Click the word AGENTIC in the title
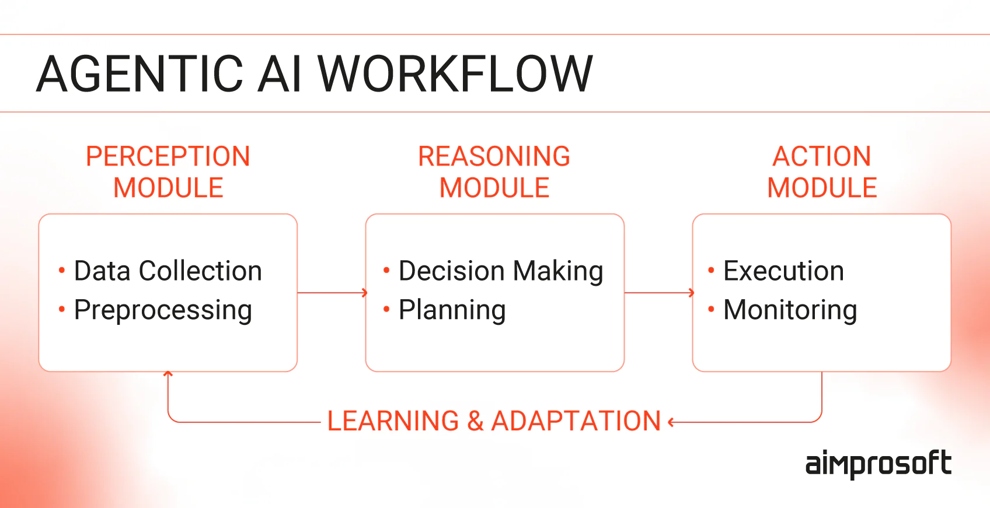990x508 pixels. [140, 73]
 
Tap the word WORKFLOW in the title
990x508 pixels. [455, 73]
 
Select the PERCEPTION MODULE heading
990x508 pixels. [168, 172]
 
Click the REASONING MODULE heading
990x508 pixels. [494, 172]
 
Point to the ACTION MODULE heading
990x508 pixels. [822, 172]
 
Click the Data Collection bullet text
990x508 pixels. [168, 271]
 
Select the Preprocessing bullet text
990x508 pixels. [163, 310]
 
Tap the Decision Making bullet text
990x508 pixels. [501, 271]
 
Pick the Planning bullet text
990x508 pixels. [452, 310]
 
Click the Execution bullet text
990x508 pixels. [783, 271]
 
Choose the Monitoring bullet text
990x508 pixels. [790, 310]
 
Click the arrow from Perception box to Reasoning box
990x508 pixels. [332, 292]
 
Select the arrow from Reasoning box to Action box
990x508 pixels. [659, 292]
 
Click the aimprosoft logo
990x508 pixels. [878, 464]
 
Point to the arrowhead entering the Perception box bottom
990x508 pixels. [168, 374]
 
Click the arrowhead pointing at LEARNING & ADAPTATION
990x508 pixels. [671, 422]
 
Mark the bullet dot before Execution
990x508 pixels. [711, 270]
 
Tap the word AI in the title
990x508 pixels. [280, 73]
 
